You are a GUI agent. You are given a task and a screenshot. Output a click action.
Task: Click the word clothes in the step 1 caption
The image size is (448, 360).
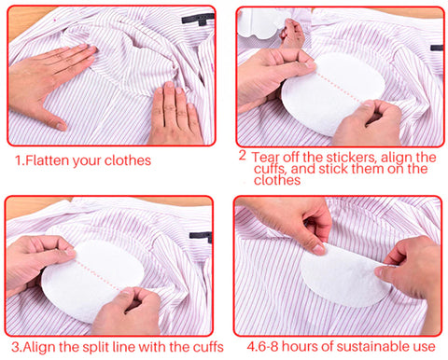click(x=128, y=160)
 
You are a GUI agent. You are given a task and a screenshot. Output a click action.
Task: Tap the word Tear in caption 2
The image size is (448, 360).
click(x=265, y=158)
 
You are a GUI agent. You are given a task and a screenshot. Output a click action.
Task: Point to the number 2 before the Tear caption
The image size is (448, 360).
click(x=243, y=156)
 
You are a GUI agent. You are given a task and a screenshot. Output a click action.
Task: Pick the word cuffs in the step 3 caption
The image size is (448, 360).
click(x=208, y=347)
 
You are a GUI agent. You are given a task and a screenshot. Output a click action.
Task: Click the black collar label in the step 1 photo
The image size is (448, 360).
click(x=198, y=19)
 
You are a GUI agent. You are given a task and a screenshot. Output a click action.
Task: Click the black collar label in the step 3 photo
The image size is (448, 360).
click(x=201, y=236)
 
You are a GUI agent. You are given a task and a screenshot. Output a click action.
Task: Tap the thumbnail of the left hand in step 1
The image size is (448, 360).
click(x=62, y=127)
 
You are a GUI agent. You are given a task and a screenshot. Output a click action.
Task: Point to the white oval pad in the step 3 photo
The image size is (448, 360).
click(x=92, y=280)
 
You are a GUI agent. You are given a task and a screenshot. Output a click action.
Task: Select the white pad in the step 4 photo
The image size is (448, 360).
click(x=343, y=277)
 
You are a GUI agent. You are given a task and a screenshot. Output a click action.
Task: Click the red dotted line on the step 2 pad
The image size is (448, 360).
click(x=339, y=88)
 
